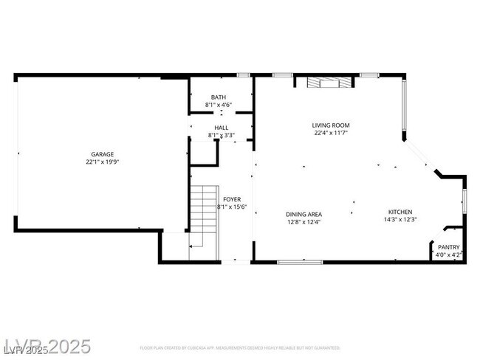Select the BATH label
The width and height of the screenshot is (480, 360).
pyautogui.click(x=219, y=97)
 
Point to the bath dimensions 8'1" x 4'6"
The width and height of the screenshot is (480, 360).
pyautogui.click(x=219, y=105)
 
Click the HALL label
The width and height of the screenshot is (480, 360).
pyautogui.click(x=222, y=128)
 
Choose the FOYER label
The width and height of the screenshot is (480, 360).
pyautogui.click(x=232, y=199)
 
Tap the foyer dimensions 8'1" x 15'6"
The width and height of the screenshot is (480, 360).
pyautogui.click(x=232, y=207)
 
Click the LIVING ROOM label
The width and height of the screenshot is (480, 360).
pyautogui.click(x=330, y=125)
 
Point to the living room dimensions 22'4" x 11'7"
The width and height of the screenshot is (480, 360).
pyautogui.click(x=330, y=134)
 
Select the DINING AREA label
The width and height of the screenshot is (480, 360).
pyautogui.click(x=304, y=214)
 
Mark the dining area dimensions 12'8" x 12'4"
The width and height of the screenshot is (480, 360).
pyautogui.click(x=304, y=221)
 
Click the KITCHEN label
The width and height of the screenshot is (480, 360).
pyautogui.click(x=400, y=212)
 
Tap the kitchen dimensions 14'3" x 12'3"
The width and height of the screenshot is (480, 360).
pyautogui.click(x=400, y=219)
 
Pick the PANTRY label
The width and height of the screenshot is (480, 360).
pyautogui.click(x=448, y=247)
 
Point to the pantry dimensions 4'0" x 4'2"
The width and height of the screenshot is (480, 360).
pyautogui.click(x=448, y=255)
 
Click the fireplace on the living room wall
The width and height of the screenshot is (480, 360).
pyautogui.click(x=326, y=82)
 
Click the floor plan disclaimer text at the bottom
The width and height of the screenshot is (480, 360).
pyautogui.click(x=239, y=347)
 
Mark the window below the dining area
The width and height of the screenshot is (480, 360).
pyautogui.click(x=300, y=261)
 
